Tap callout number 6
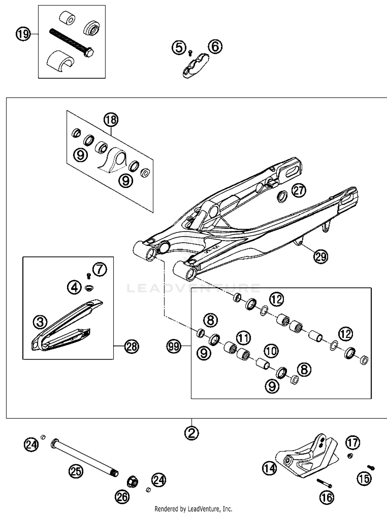coord(215,47)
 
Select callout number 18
coord(111,120)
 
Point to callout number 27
coord(299,191)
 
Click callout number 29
coord(321,256)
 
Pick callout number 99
coord(174,346)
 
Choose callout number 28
coord(132,346)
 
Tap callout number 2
coord(191,433)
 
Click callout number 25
coord(76,471)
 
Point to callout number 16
coord(327,497)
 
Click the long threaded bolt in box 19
coord(71,43)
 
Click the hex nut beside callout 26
coord(133,481)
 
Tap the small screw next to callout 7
coord(89,276)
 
